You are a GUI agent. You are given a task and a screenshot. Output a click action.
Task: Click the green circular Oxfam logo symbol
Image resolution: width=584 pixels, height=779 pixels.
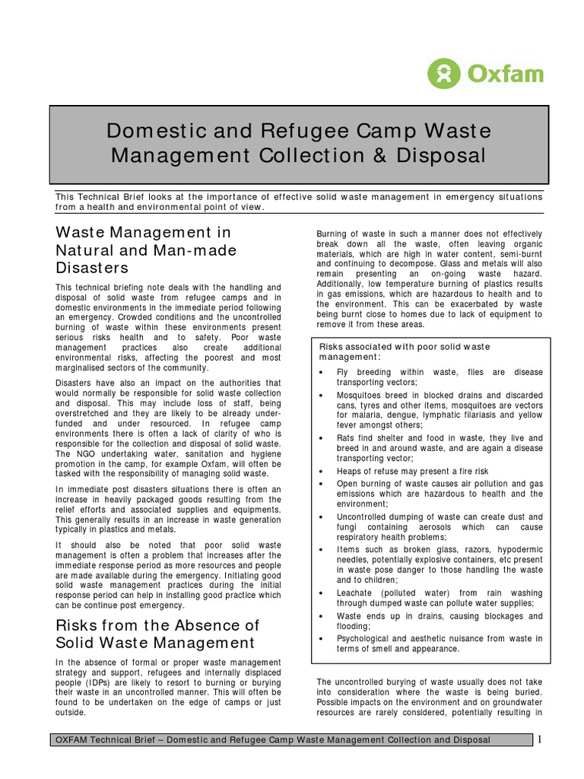443,74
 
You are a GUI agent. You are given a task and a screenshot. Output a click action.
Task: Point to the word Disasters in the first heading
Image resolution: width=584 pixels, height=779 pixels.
92,268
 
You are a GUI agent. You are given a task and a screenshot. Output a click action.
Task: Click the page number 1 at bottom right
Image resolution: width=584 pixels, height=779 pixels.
540,739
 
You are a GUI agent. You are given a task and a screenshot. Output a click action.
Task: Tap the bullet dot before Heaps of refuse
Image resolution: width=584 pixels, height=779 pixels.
322,472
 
